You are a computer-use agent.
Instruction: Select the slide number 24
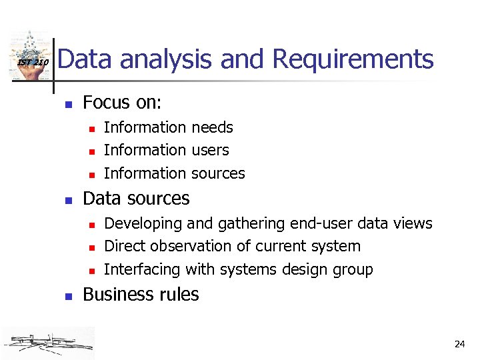click(459, 344)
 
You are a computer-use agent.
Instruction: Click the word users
click(210, 150)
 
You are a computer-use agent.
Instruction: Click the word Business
click(113, 294)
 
